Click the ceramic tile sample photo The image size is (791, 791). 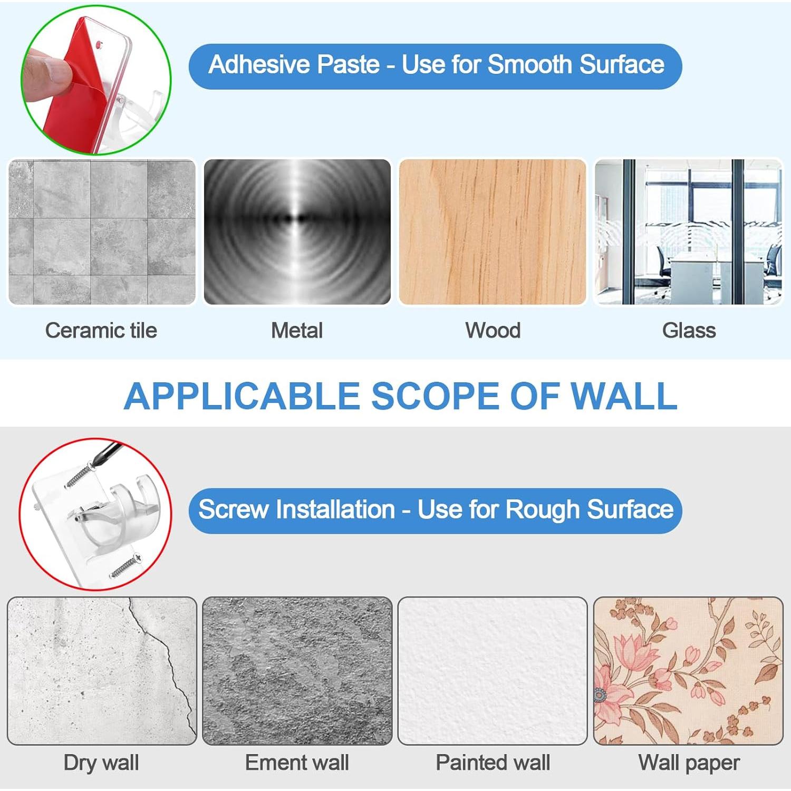click(x=102, y=232)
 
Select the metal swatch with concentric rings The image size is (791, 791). click(x=297, y=232)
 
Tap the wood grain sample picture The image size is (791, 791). click(x=493, y=232)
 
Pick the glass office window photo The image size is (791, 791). click(x=688, y=232)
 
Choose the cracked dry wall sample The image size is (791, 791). click(x=102, y=671)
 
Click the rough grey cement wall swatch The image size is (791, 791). click(x=297, y=671)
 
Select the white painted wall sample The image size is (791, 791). click(x=493, y=671)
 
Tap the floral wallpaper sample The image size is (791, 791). click(x=688, y=671)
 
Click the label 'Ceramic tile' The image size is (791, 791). click(x=101, y=331)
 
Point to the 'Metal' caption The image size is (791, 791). click(x=297, y=331)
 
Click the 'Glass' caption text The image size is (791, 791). click(x=689, y=331)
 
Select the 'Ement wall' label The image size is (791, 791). click(x=297, y=763)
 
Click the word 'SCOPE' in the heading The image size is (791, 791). click(x=435, y=396)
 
